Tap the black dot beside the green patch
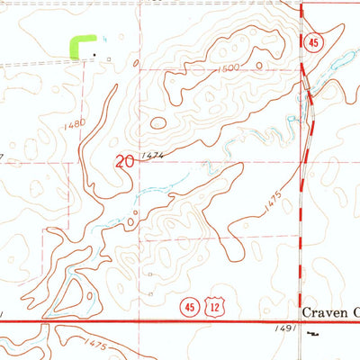[94, 56]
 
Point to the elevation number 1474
[154, 156]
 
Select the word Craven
[322, 310]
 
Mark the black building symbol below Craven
[312, 333]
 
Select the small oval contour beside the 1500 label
[157, 123]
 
